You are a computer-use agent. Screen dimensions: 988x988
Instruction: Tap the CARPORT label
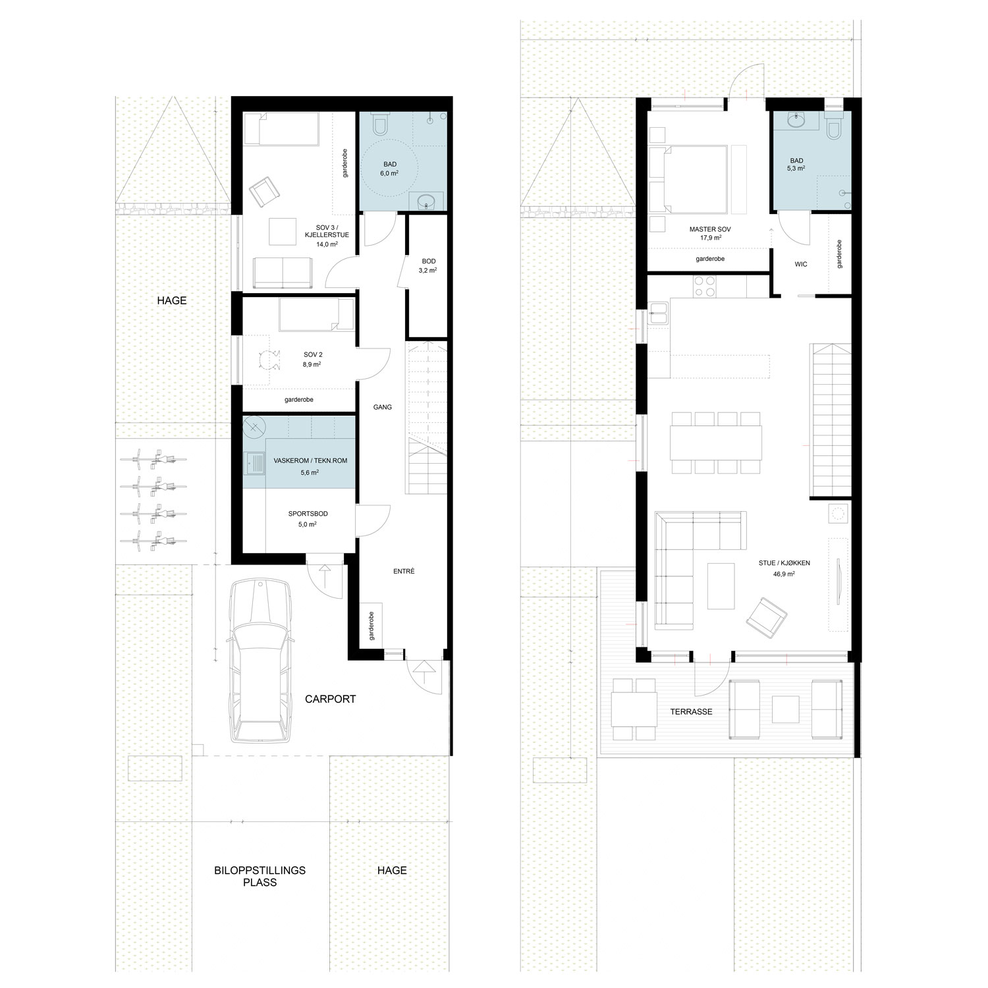tap(330, 699)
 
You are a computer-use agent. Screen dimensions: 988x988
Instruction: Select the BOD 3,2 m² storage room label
tap(428, 265)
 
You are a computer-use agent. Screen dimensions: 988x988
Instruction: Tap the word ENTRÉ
tap(404, 571)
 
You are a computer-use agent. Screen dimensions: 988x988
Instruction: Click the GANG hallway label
tap(383, 407)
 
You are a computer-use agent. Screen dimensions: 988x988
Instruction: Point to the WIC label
tap(801, 264)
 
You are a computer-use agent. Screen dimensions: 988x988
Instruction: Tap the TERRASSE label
tap(692, 711)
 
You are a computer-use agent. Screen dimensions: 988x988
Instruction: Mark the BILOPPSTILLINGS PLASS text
tap(260, 876)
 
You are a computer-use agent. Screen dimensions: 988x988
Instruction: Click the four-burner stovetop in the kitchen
tap(703, 286)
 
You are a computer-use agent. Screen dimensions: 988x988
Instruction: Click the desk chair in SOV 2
tap(267, 359)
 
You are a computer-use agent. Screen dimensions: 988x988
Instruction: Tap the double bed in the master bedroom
tap(689, 180)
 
